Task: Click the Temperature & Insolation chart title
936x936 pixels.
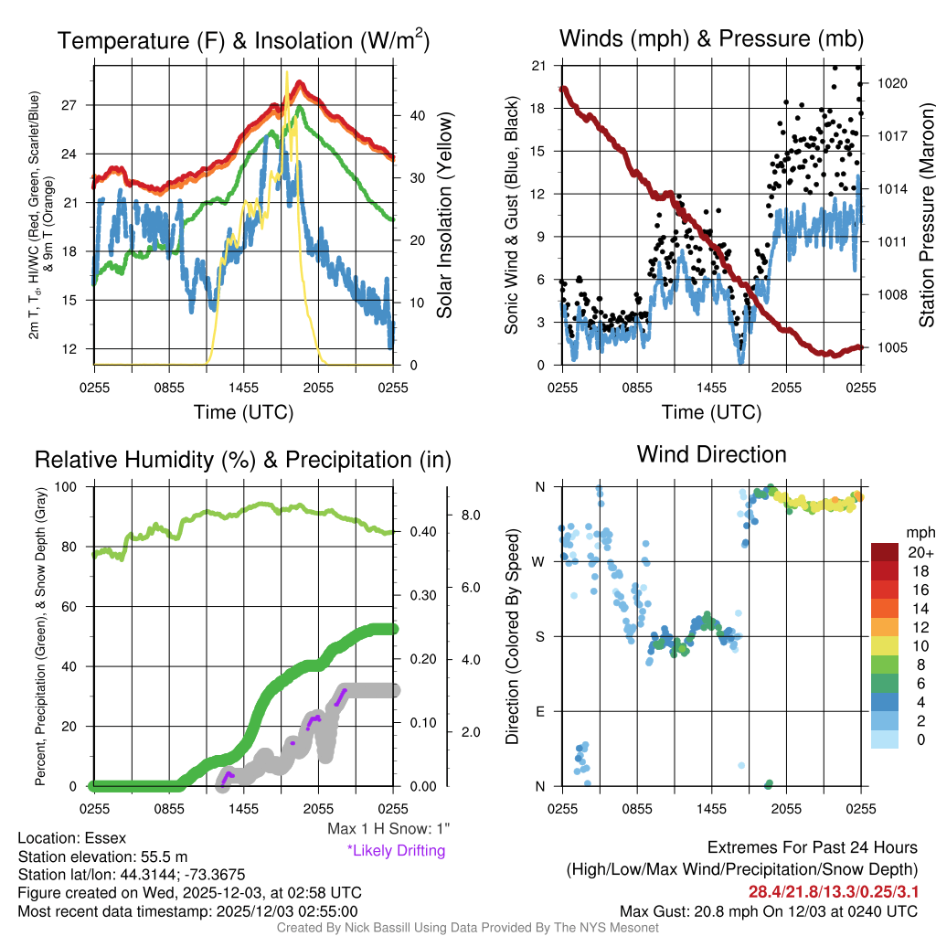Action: (x=244, y=41)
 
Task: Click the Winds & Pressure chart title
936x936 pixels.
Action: (x=711, y=39)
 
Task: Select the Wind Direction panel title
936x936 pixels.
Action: (x=711, y=454)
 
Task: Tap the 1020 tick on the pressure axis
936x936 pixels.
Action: (x=891, y=83)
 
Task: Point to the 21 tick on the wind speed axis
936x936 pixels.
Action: (x=538, y=66)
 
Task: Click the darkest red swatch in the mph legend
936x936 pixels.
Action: (x=887, y=553)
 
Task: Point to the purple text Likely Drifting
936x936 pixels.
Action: (x=396, y=851)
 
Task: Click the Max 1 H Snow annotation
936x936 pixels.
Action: (x=388, y=829)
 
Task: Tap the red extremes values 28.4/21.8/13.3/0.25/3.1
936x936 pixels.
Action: (x=834, y=891)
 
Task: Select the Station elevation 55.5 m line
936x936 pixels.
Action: (x=102, y=856)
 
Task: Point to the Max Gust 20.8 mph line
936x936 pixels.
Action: (x=768, y=910)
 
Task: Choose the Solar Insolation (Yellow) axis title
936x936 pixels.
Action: (x=445, y=216)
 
